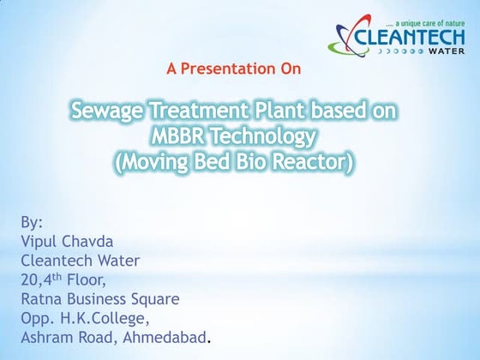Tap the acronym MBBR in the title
point(181,136)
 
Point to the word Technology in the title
point(267,136)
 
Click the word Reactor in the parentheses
point(312,161)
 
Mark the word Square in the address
point(154,299)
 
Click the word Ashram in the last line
point(50,338)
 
